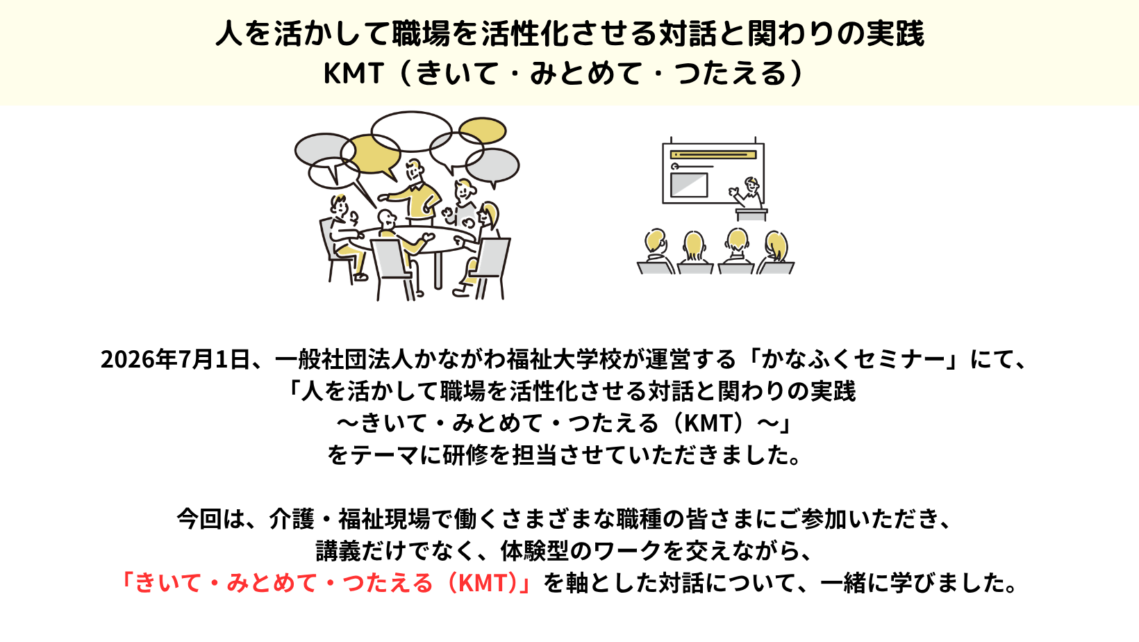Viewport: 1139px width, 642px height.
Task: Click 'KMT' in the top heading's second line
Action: click(x=354, y=73)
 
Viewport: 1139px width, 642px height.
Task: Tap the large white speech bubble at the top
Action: click(x=411, y=131)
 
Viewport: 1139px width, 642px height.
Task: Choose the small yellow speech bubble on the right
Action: click(x=483, y=130)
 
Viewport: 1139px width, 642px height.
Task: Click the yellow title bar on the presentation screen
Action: click(x=713, y=155)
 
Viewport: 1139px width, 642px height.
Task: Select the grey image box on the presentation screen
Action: click(x=689, y=185)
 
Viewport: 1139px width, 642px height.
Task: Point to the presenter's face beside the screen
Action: click(x=751, y=184)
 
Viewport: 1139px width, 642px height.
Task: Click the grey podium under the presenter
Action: click(x=751, y=214)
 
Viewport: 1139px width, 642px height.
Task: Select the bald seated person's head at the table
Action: click(x=386, y=220)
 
